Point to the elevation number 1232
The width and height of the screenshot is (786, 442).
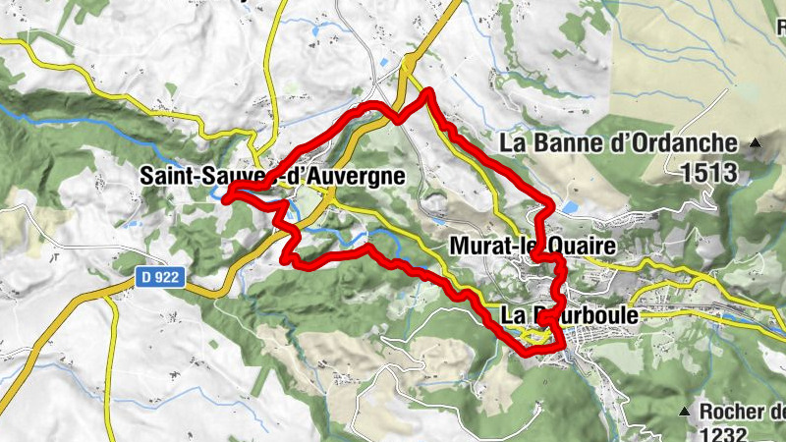tap(726, 433)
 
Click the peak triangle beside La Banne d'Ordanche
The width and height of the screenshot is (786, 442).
tap(756, 144)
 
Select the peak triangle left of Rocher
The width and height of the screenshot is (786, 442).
tap(685, 408)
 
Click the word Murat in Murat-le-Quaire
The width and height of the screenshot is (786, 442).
tap(478, 245)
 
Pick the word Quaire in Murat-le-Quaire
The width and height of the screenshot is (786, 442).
tap(564, 245)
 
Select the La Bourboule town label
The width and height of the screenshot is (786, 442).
tap(569, 315)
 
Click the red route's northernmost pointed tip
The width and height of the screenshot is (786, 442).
tap(428, 92)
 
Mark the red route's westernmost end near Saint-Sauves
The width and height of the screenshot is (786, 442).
tap(226, 198)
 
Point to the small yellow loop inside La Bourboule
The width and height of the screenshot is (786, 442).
tap(534, 337)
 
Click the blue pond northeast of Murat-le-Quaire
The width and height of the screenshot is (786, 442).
tap(571, 207)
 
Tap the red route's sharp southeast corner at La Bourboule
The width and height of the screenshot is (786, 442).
tap(563, 346)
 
